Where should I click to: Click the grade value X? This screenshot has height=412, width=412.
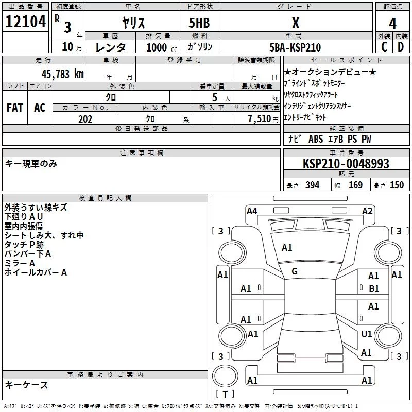click(x=295, y=23)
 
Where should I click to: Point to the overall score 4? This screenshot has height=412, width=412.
click(x=393, y=23)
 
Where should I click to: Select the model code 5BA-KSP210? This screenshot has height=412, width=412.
click(x=295, y=47)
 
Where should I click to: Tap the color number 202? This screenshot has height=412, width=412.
click(x=85, y=119)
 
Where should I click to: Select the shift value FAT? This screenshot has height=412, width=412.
click(x=15, y=108)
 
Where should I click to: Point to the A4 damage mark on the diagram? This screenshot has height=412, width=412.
click(x=252, y=211)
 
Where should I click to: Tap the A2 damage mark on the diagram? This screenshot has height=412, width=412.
click(x=367, y=211)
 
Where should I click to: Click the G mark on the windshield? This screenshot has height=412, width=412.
click(x=295, y=271)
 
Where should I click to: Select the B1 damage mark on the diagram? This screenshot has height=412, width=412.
click(x=374, y=289)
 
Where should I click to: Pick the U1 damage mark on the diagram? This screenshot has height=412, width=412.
click(x=367, y=334)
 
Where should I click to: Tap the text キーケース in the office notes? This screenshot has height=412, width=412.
click(x=26, y=385)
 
